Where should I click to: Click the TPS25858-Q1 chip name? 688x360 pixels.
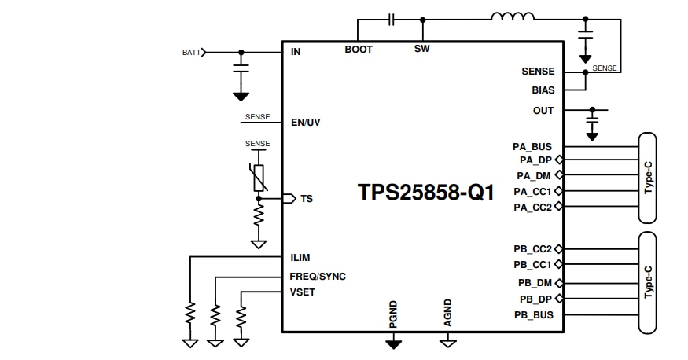point(426,193)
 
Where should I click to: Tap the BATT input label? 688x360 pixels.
point(191,53)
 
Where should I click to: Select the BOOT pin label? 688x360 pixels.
point(359,50)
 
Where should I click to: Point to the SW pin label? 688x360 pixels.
point(421,50)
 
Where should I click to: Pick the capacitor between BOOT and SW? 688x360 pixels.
point(392,17)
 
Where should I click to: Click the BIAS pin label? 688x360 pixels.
point(543,90)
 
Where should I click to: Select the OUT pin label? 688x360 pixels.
point(543,111)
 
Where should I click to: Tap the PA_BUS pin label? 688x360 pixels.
point(532,146)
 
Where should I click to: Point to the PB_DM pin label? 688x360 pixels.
point(534,283)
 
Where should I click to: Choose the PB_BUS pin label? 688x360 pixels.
point(534,315)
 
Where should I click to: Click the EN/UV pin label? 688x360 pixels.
point(306,123)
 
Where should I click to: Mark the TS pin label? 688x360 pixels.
point(307,199)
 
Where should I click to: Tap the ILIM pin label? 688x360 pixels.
point(300,257)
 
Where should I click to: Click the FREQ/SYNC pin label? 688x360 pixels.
point(318,277)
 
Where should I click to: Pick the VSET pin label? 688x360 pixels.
point(303,293)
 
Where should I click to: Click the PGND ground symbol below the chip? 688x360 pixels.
point(393,343)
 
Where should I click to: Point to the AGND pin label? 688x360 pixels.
point(447,312)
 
